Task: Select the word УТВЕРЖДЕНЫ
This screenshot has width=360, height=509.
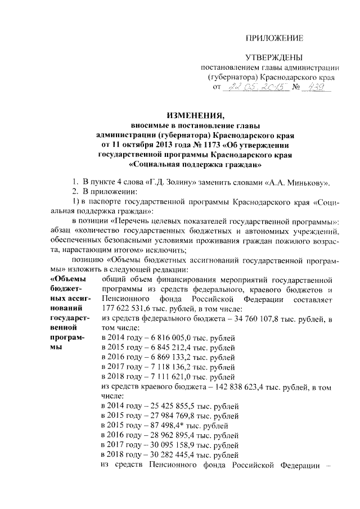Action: pyautogui.click(x=274, y=58)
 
